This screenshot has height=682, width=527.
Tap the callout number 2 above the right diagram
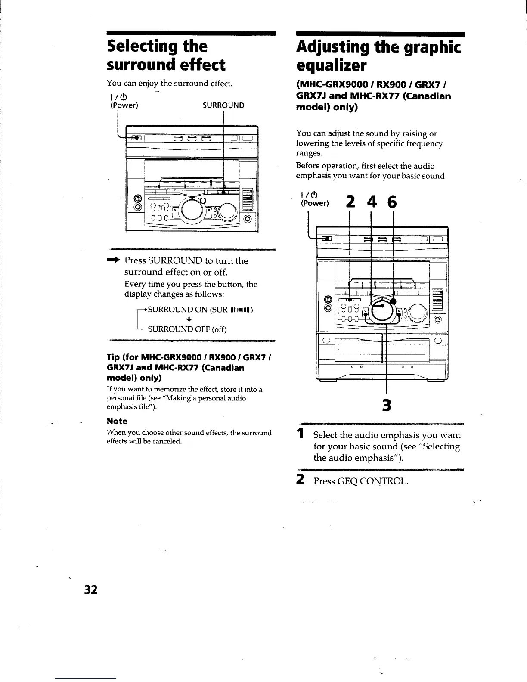350,202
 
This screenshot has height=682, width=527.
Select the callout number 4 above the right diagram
371,202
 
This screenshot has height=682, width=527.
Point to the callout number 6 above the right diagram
392,202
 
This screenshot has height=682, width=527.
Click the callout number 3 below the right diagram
387,405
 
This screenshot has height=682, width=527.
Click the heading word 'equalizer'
331,66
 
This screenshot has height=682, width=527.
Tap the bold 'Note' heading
117,421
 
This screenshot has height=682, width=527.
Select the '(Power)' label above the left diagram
124,105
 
